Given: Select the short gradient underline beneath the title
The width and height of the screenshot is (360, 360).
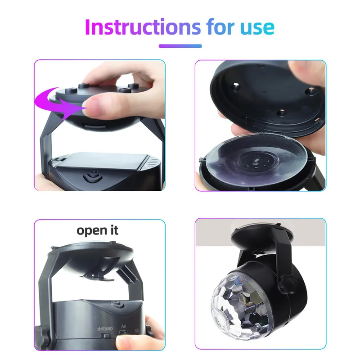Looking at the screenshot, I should point(180,45).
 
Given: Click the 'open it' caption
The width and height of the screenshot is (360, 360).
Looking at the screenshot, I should point(97,230).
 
